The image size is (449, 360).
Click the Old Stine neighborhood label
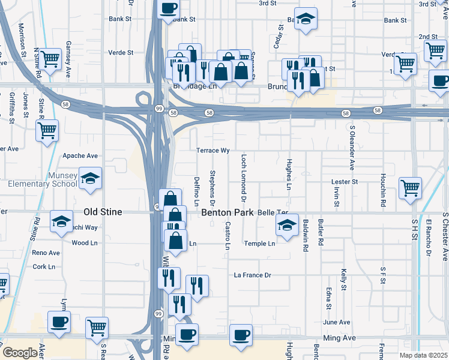tap(103, 212)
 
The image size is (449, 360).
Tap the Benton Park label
tap(228, 212)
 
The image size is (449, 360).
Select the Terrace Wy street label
tap(213, 151)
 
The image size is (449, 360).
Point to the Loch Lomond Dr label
tap(244, 177)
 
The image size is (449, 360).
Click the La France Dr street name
tap(253, 275)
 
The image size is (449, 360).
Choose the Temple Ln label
tap(259, 244)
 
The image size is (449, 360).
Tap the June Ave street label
tap(336, 322)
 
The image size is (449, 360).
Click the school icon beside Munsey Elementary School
tap(91, 178)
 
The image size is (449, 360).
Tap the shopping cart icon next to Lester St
tap(411, 187)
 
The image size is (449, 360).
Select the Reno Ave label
tap(46, 253)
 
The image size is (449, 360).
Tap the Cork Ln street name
tap(44, 266)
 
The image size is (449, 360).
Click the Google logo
tap(20, 353)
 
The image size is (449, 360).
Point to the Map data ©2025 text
tap(423, 355)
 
